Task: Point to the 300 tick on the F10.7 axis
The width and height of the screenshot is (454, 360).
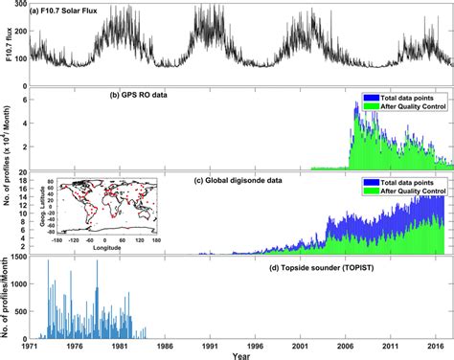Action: click(20, 6)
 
